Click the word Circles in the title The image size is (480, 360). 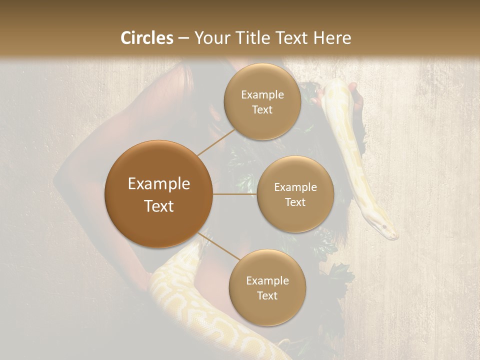tap(146, 38)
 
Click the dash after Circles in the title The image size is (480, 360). tap(183, 38)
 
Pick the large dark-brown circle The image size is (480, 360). tap(159, 194)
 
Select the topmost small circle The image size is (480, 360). tap(262, 101)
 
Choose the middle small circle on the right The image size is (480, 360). tap(295, 194)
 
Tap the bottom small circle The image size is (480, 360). tap(267, 287)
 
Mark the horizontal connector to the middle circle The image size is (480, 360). tap(234, 194)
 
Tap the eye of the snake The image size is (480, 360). tap(384, 227)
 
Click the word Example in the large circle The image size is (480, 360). tap(159, 184)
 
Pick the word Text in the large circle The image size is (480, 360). tap(159, 206)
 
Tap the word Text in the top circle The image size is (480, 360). tap(262, 110)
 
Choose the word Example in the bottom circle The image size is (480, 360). tap(267, 280)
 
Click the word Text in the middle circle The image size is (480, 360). tap(295, 202)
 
